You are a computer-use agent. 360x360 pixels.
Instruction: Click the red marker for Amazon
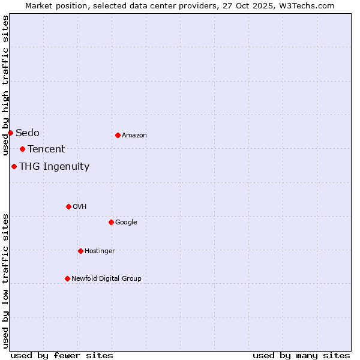[118, 135]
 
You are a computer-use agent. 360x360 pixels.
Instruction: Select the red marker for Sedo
[10, 133]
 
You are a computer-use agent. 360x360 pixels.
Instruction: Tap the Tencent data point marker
[22, 149]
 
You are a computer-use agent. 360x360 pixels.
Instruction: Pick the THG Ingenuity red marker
[14, 166]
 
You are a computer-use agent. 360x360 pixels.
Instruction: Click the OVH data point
[68, 206]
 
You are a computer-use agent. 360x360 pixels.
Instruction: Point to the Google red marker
[111, 222]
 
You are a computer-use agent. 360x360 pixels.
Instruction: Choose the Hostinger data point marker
[80, 251]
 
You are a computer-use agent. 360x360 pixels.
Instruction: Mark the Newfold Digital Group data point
[67, 278]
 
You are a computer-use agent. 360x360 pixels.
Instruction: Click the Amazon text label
[134, 136]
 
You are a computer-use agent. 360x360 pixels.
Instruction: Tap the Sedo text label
[28, 133]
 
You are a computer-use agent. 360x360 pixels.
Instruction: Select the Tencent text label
[46, 149]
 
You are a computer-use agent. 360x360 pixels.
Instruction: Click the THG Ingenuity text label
[55, 167]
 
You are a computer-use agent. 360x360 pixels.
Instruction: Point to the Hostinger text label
[100, 251]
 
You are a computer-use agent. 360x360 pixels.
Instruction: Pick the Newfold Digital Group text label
[106, 278]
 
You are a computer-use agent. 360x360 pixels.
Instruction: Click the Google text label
[126, 223]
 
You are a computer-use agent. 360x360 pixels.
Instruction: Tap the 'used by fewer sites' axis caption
[62, 355]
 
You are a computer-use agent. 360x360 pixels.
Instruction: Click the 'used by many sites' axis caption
[301, 355]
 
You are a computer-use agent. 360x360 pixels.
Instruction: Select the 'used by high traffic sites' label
[5, 86]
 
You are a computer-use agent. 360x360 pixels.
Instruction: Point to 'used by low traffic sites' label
[5, 281]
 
